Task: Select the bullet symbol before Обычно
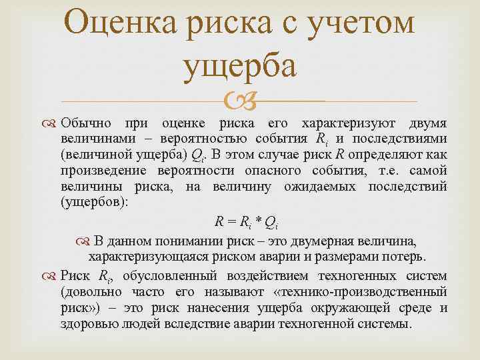tap(51, 124)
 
